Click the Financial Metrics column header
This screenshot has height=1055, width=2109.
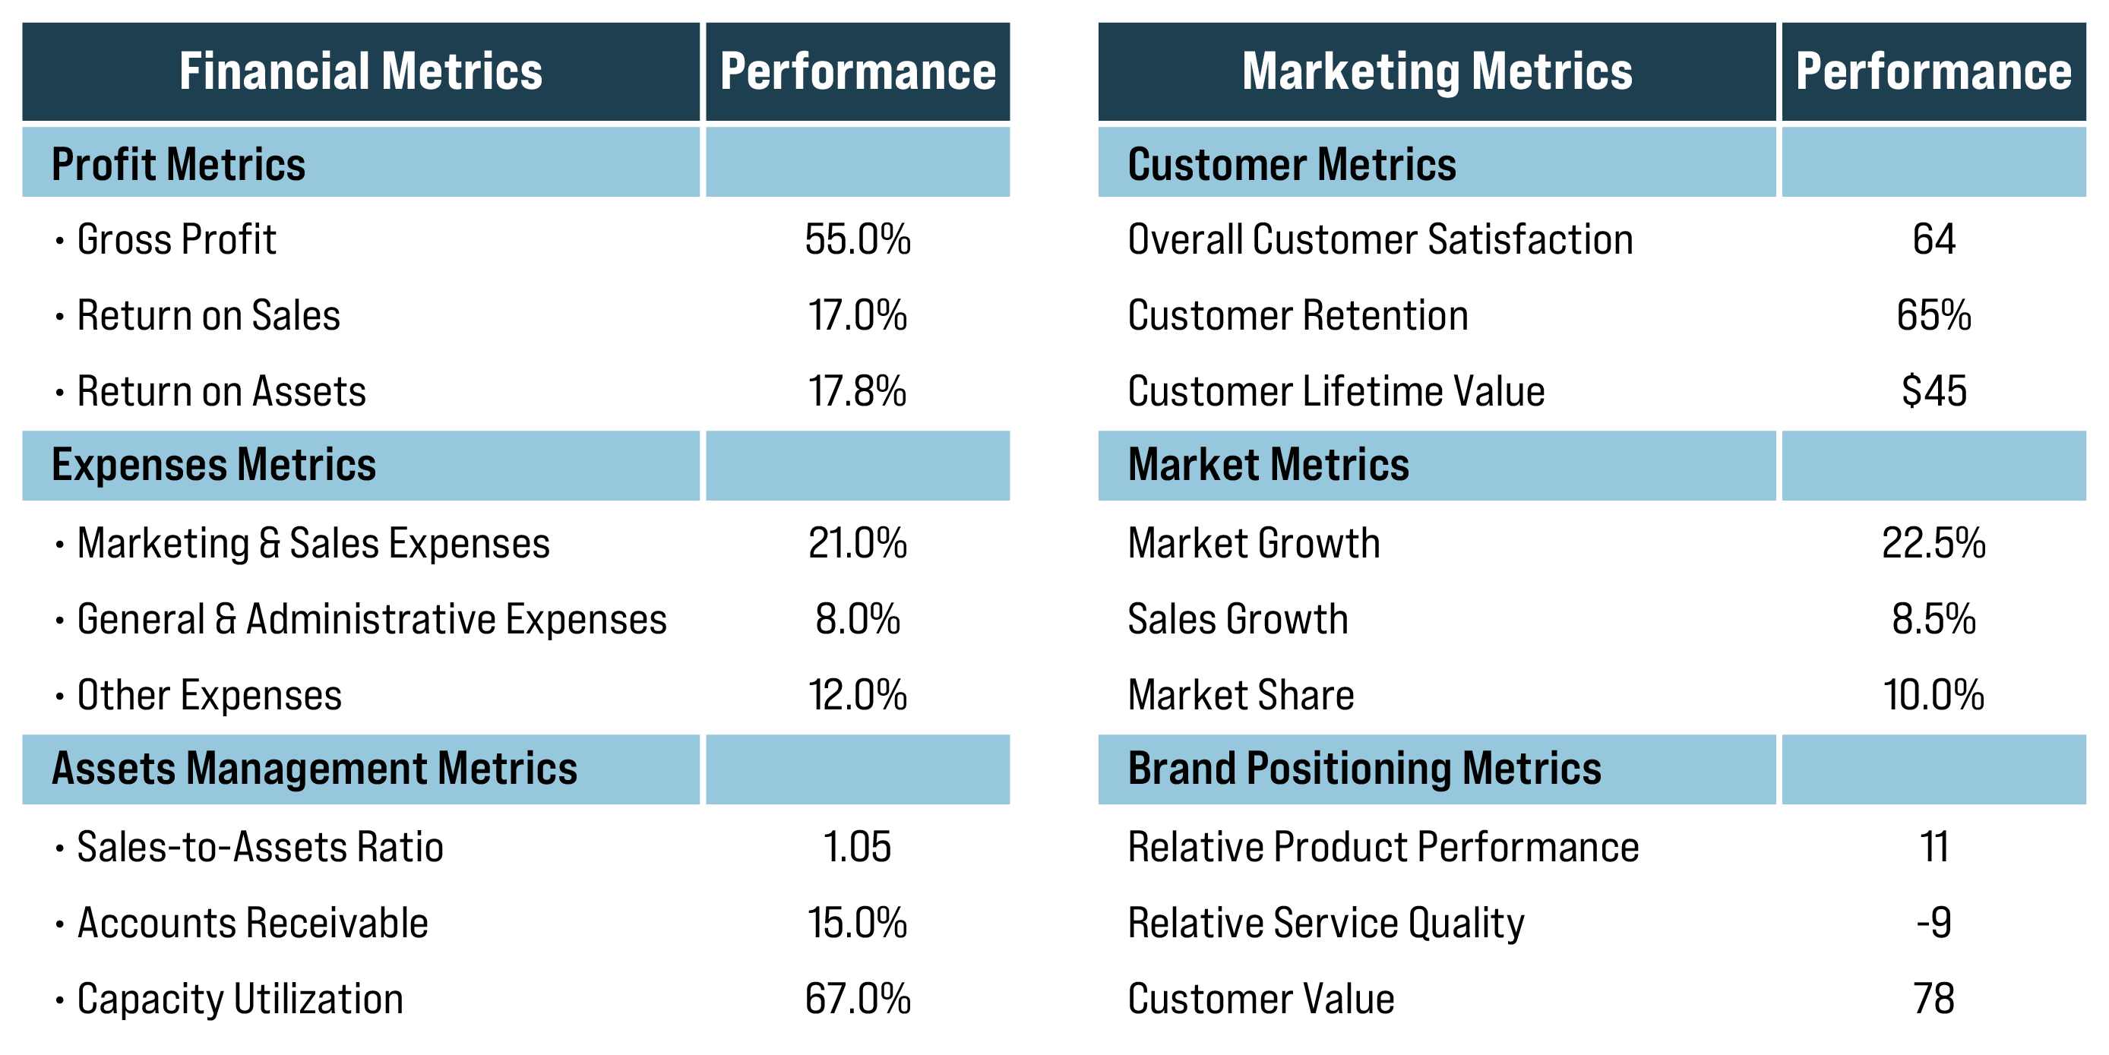[x=360, y=71]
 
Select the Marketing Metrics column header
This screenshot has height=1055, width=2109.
[x=1437, y=71]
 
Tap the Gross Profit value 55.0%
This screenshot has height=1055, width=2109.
[x=857, y=240]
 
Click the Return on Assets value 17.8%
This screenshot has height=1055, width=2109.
[x=857, y=391]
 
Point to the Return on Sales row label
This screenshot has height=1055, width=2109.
[x=208, y=316]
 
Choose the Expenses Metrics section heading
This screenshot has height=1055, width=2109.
[x=213, y=465]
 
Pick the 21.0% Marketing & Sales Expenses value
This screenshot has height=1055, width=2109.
[x=857, y=544]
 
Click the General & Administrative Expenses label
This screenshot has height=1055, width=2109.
[x=372, y=620]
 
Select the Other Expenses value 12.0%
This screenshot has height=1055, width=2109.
[x=857, y=695]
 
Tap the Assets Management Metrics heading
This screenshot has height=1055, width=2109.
[x=315, y=769]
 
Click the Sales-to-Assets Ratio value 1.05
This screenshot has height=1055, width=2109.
[x=857, y=847]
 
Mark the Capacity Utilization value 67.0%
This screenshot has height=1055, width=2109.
[x=857, y=999]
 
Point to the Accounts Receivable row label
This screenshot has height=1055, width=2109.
[x=252, y=924]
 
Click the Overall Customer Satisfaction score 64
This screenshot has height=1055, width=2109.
[x=1933, y=240]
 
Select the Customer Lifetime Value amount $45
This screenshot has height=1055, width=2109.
[x=1933, y=391]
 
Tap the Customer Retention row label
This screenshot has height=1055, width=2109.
[x=1298, y=316]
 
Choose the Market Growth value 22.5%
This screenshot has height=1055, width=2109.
[x=1933, y=544]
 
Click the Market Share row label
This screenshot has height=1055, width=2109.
[x=1241, y=695]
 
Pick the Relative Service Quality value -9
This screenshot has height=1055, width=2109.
[x=1933, y=924]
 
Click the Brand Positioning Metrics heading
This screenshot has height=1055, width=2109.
[x=1364, y=769]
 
